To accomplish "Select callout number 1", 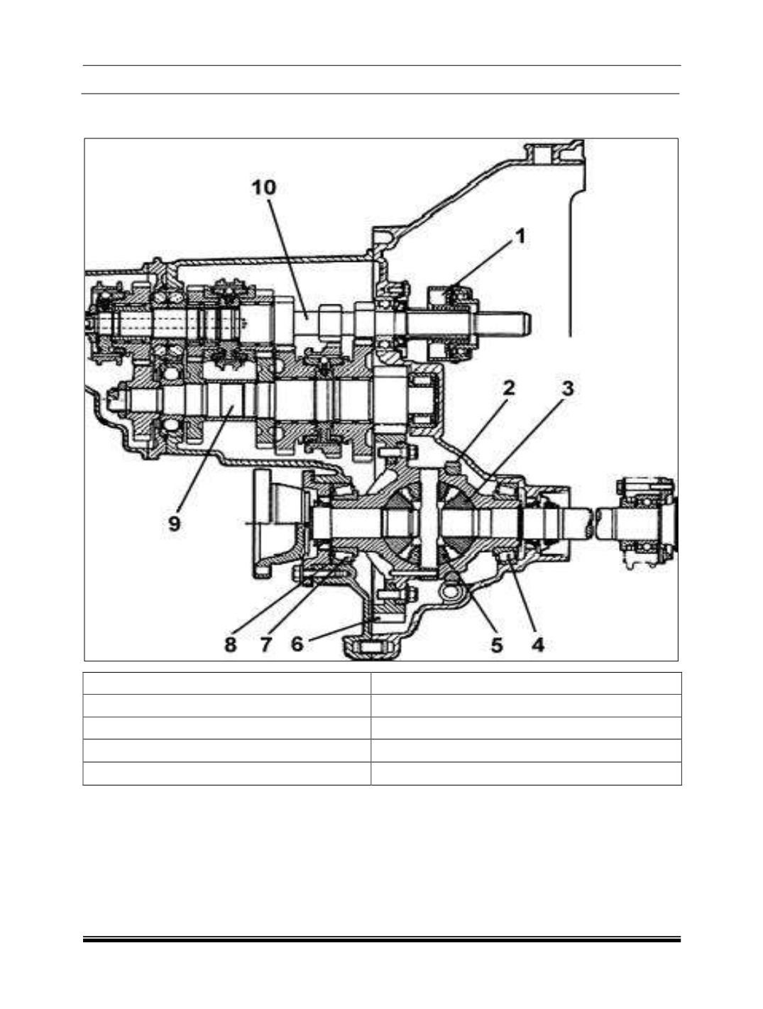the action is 520,237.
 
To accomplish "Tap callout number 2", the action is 508,388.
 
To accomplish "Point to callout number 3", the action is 568,388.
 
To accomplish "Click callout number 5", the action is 497,645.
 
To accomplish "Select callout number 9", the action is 174,524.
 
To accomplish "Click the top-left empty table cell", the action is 226,683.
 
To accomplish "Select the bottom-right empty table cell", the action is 526,773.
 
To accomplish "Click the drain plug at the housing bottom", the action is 371,648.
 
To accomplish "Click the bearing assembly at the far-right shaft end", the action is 646,523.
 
